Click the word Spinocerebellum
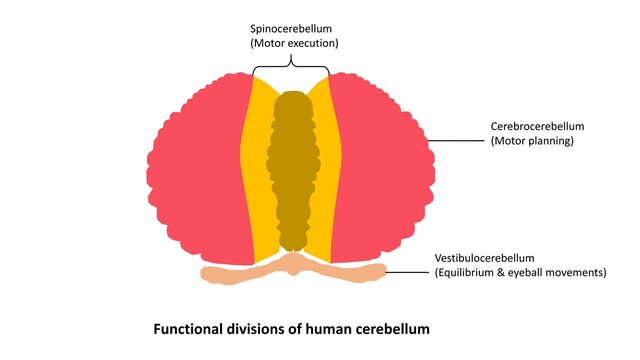290,28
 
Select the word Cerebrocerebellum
537,127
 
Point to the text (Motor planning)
531,142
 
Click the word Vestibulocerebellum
493,258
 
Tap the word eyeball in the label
542,272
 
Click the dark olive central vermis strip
292,170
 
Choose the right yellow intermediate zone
329,170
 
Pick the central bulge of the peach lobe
292,264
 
